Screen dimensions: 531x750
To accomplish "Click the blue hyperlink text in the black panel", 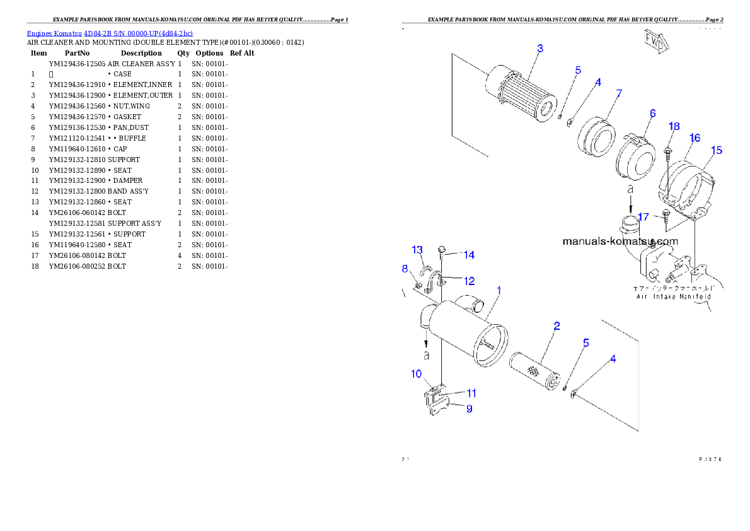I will click(x=110, y=33).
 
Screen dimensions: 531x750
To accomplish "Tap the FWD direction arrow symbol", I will click(x=656, y=42).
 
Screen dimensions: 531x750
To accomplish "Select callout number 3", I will click(x=540, y=49).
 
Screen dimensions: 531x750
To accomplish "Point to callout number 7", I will click(x=619, y=93).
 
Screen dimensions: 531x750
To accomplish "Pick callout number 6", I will click(x=653, y=114).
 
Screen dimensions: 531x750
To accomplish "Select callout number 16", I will click(x=695, y=138).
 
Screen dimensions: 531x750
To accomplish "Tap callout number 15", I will click(x=717, y=150).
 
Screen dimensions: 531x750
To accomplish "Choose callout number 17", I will click(x=643, y=217).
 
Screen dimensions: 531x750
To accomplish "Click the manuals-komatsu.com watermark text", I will click(x=620, y=241).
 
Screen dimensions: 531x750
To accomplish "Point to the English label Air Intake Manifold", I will click(x=673, y=296).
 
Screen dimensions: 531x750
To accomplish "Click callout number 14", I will click(x=469, y=255).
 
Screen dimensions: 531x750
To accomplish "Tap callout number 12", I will click(x=469, y=281).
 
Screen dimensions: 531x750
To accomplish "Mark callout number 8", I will click(x=405, y=269).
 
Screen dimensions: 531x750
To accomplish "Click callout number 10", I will click(x=417, y=374).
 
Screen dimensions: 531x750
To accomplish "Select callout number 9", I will click(x=469, y=409).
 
